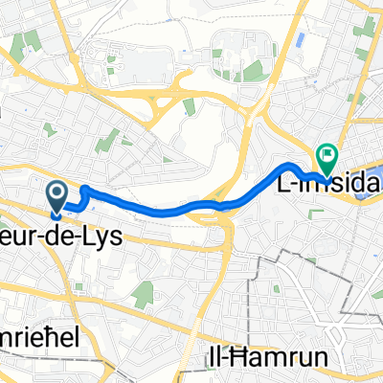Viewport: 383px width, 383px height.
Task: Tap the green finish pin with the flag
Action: tap(327, 153)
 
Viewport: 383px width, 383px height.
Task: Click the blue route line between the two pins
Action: tap(172, 210)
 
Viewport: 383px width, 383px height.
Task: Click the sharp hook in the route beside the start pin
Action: tap(84, 191)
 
